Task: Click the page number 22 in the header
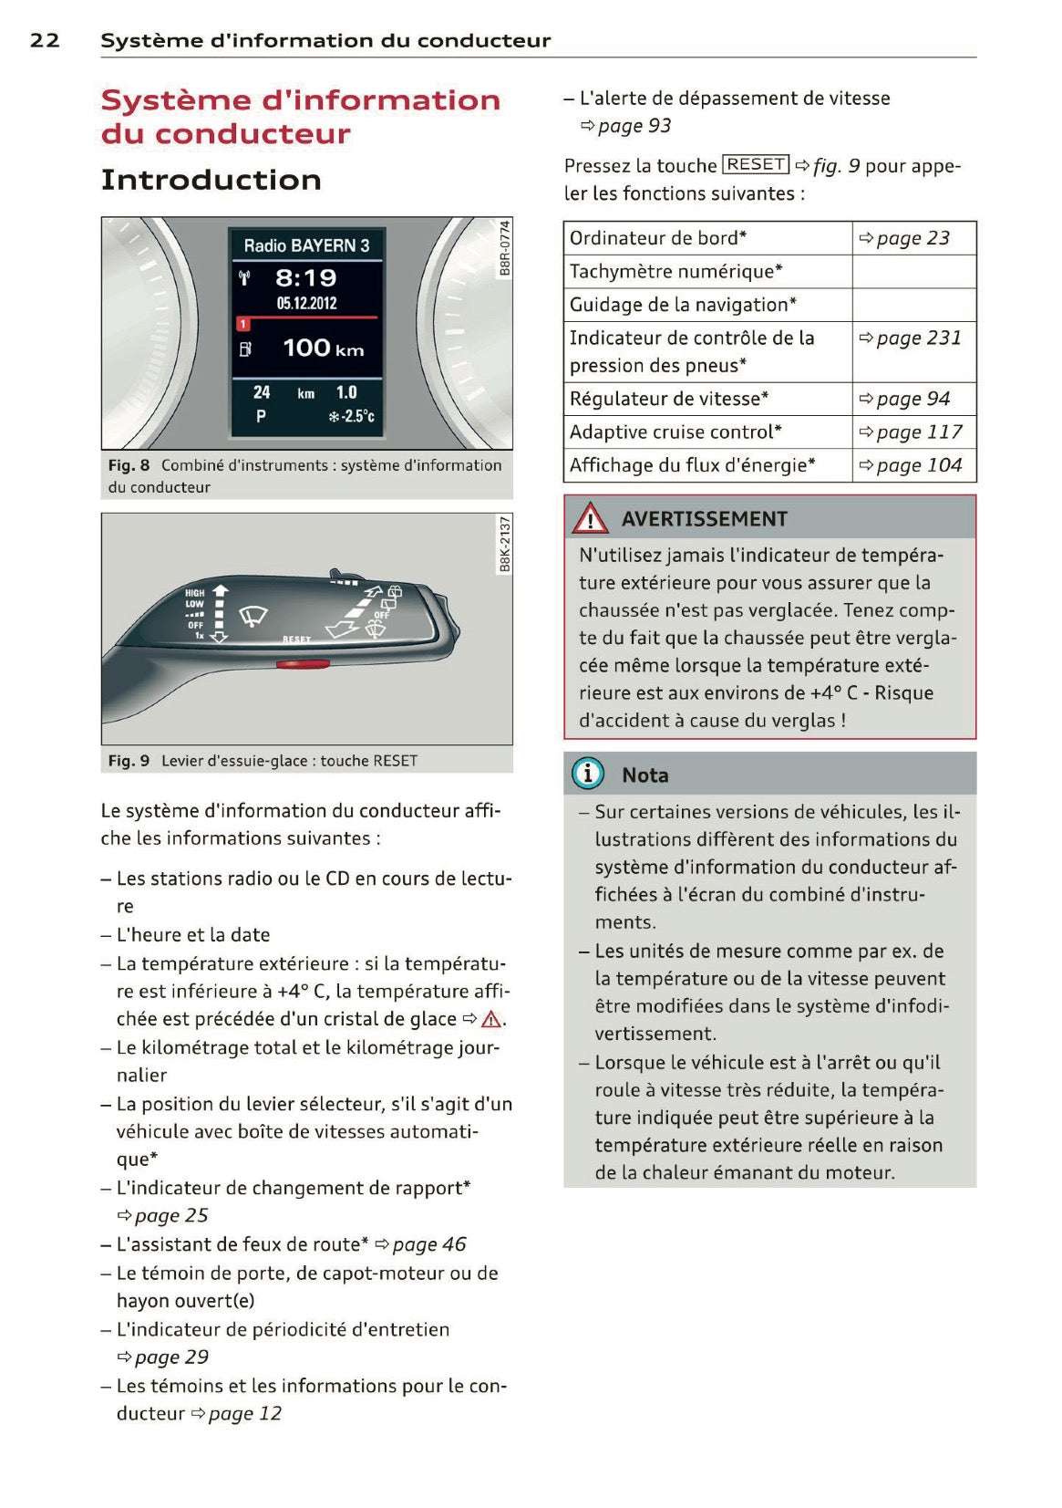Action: click(x=45, y=40)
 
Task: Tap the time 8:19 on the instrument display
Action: click(x=306, y=277)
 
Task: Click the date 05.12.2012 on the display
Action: click(x=306, y=304)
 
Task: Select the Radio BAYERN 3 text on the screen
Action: click(x=306, y=245)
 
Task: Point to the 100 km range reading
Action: click(x=323, y=348)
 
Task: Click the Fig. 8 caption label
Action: click(x=129, y=465)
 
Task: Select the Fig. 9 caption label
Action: click(x=129, y=761)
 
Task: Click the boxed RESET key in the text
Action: click(x=756, y=164)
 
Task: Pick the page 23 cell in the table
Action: click(x=912, y=238)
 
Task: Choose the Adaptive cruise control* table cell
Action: click(x=675, y=432)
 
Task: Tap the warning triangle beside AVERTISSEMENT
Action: click(x=591, y=519)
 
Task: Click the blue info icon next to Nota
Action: click(x=588, y=775)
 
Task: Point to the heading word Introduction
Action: click(x=211, y=180)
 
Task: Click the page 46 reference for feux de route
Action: click(x=428, y=1244)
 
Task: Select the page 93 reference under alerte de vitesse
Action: click(x=634, y=126)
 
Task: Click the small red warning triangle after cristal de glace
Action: click(x=491, y=1020)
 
